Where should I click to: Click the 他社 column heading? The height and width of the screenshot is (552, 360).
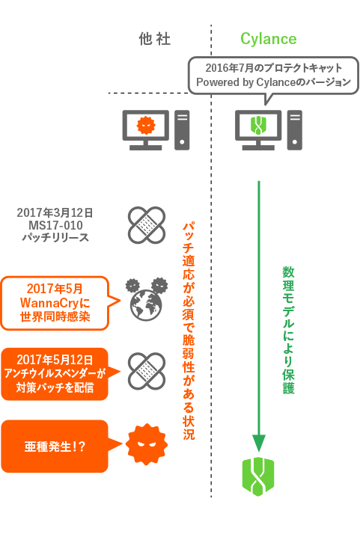[155, 39]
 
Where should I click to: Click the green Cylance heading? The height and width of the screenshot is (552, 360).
[269, 39]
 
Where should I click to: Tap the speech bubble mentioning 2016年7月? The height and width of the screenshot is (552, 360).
[273, 76]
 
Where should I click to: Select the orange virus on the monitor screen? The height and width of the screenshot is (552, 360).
[146, 125]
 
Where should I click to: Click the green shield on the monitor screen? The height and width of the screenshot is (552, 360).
[258, 126]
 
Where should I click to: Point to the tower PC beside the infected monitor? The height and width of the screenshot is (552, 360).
[182, 130]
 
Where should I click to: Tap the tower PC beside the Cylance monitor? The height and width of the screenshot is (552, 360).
[294, 130]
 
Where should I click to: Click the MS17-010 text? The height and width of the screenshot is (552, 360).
[55, 225]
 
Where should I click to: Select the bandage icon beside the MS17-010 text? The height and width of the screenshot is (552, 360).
[147, 225]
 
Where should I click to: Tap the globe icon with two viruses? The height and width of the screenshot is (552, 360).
[147, 300]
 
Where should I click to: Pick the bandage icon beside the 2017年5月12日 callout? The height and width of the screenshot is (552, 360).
[147, 371]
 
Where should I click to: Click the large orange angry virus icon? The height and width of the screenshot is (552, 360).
[147, 444]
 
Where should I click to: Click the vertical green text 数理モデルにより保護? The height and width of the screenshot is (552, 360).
[288, 330]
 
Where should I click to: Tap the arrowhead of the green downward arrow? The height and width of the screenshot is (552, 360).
[259, 443]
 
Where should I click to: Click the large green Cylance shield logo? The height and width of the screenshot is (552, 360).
[258, 476]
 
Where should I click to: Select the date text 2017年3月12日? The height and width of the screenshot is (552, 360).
[55, 212]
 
